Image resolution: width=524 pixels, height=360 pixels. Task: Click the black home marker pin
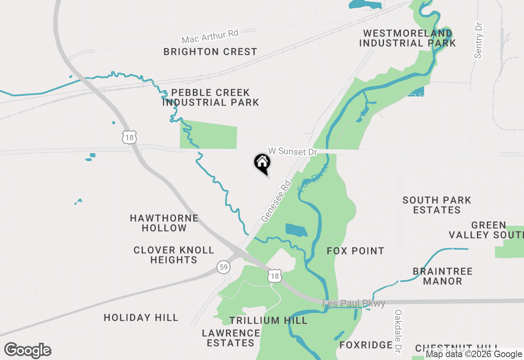click(262, 163)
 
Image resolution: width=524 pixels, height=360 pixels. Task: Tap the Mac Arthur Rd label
click(210, 36)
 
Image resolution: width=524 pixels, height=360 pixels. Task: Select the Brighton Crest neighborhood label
click(210, 52)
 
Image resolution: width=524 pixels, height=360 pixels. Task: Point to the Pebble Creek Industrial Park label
click(210, 97)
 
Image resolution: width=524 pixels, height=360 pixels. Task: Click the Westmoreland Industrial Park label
click(407, 38)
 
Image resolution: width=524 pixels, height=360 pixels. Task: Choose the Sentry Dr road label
click(479, 40)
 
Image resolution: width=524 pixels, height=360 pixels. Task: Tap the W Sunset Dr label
click(292, 151)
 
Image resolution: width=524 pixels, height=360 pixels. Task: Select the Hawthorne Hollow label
click(164, 223)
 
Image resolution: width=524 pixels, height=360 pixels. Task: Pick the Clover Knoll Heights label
click(174, 255)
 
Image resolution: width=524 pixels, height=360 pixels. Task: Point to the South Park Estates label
click(437, 205)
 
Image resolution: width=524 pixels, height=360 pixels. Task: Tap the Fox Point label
click(355, 251)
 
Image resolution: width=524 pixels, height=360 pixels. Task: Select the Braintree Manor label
click(443, 276)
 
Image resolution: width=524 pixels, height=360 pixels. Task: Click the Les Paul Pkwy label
click(354, 304)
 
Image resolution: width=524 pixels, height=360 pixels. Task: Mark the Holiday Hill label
click(141, 317)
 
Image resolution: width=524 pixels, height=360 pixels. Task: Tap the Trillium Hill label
click(268, 320)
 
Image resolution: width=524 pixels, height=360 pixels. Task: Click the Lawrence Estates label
click(231, 338)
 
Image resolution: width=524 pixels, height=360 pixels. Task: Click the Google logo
click(28, 351)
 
